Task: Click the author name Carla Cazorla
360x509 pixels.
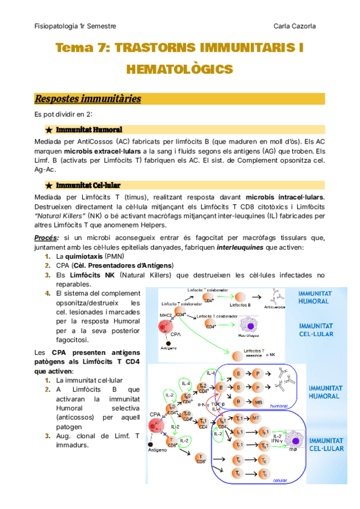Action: tap(303, 26)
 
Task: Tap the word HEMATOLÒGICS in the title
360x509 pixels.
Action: tap(179, 70)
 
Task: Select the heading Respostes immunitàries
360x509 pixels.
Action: tap(88, 98)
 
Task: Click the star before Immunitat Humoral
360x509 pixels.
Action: tap(47, 130)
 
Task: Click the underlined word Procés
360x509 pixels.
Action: tap(45, 238)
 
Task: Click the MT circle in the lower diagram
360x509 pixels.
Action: tap(256, 417)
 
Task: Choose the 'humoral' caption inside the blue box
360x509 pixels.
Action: tap(280, 406)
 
